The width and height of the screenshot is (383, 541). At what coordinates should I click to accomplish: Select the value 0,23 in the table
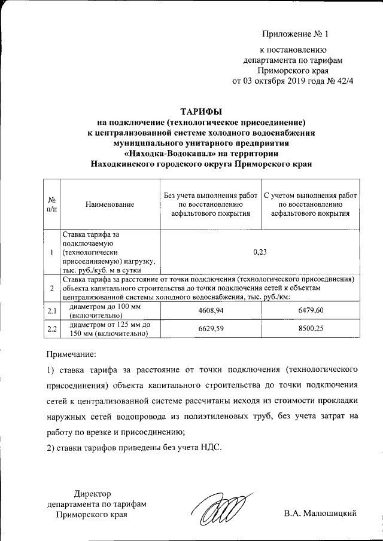coord(260,252)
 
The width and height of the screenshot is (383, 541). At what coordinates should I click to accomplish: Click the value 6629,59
coord(210,329)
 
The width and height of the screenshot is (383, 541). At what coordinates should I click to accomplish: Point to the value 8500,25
coord(311,329)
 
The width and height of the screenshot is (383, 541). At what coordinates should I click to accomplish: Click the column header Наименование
coord(111,204)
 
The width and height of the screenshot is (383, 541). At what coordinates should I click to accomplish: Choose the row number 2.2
coord(52,329)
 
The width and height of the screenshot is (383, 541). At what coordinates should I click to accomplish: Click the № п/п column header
coord(52,204)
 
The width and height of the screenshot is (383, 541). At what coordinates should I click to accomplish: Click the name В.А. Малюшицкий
coord(321,514)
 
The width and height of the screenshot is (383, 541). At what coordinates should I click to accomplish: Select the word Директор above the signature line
coord(93,493)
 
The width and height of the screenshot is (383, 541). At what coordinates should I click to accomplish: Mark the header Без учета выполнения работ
coord(210,195)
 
